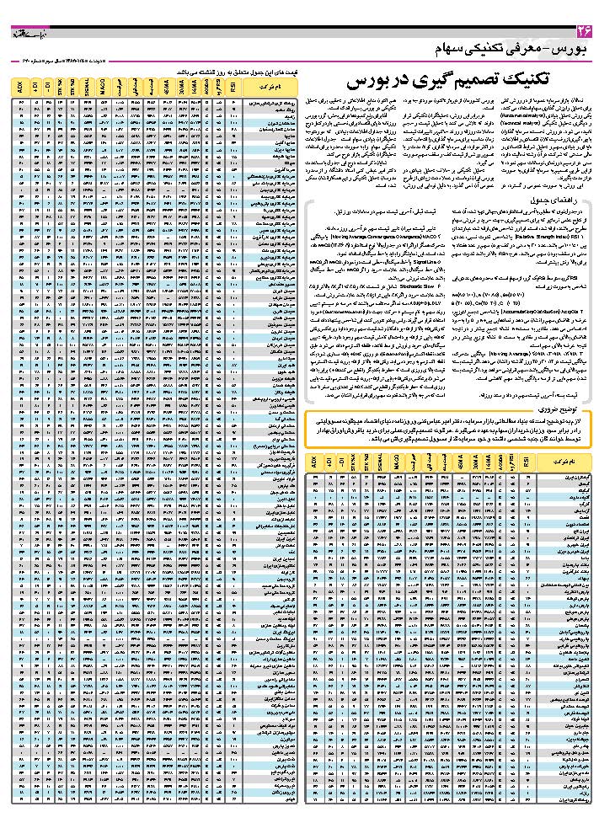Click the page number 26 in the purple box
[x=584, y=31]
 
